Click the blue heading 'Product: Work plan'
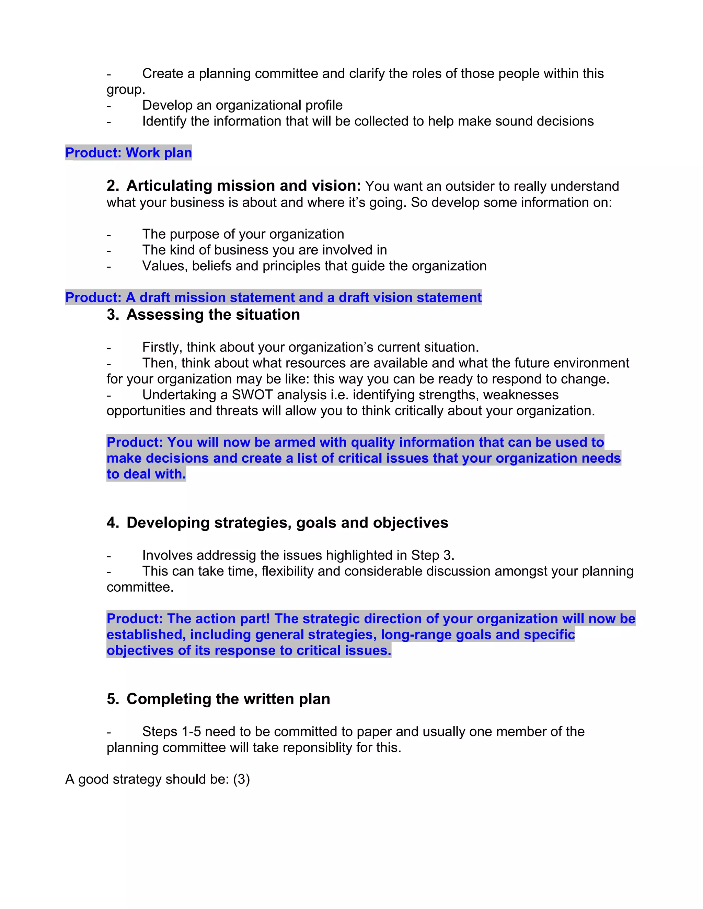[128, 153]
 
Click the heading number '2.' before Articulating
[113, 186]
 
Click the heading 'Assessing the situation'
[213, 315]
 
